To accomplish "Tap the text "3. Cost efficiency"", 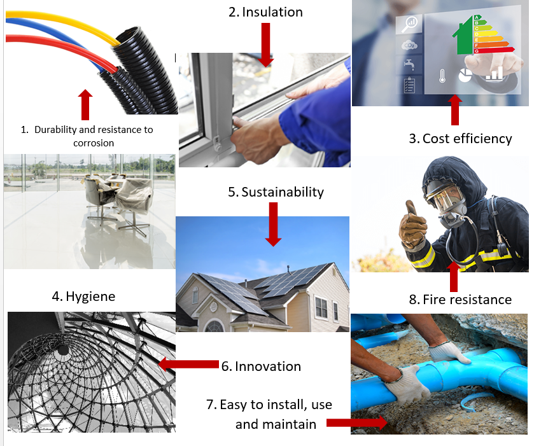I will [460, 138].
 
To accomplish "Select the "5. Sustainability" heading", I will [276, 192].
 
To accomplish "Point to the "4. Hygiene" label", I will [83, 296].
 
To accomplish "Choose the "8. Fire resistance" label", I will [460, 299].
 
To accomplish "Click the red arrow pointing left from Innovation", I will [188, 365].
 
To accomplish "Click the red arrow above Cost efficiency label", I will [454, 111].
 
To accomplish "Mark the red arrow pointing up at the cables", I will [86, 104].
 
